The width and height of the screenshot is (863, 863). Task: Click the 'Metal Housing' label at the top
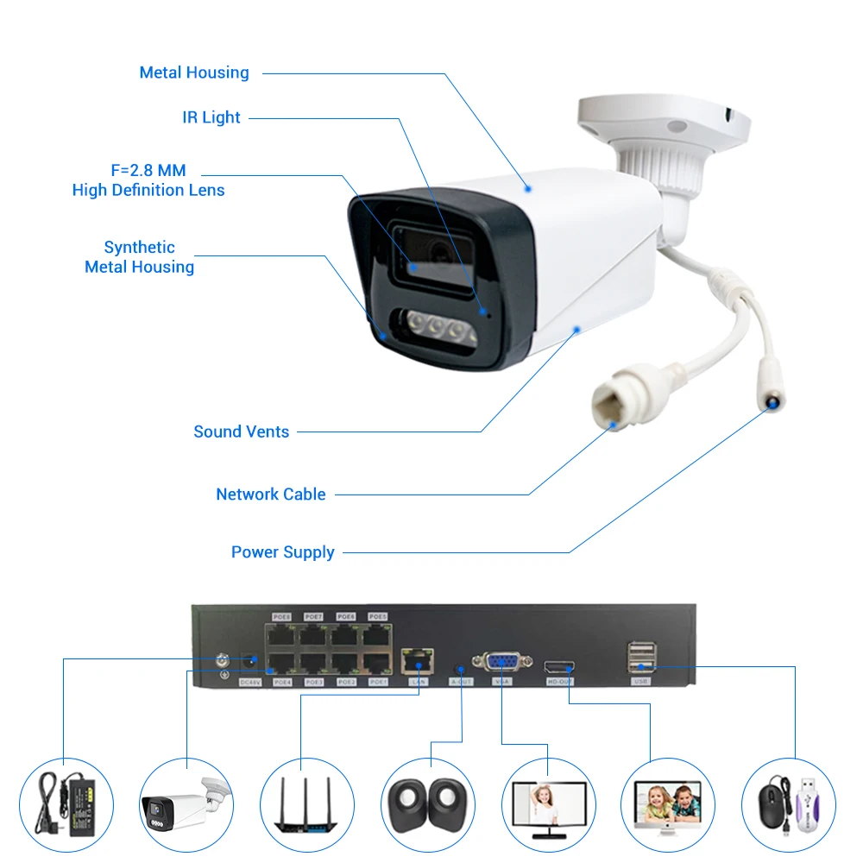pos(194,72)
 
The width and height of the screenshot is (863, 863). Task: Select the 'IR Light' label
pos(211,117)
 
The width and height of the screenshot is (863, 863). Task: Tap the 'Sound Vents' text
pos(242,431)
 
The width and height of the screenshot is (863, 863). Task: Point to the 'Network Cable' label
pos(271,494)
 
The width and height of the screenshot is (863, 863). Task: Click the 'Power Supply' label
pos(283,552)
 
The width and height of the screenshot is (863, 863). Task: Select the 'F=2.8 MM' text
pos(148,171)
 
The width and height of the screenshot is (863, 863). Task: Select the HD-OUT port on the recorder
pos(558,666)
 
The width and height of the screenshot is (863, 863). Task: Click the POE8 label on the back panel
pos(282,617)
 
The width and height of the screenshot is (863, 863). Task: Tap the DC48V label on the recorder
pos(249,683)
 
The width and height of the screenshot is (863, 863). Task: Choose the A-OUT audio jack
pos(461,667)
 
